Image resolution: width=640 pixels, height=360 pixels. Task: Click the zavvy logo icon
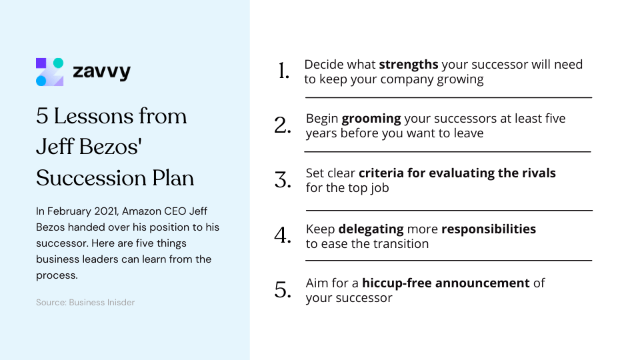[49, 72]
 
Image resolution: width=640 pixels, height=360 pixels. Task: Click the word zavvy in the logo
[101, 72]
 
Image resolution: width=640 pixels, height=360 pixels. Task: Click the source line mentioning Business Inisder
[85, 303]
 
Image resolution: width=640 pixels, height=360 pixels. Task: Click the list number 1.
[284, 71]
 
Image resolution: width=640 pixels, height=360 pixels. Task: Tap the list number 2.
[283, 125]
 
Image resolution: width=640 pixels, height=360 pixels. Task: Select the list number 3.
[283, 180]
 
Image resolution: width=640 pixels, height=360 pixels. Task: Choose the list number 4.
[283, 235]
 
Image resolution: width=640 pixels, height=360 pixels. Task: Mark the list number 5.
[283, 290]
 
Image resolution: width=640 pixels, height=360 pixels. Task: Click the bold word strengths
[409, 65]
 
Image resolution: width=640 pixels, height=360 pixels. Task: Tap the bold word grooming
[371, 119]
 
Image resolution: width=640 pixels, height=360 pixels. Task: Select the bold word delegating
[371, 229]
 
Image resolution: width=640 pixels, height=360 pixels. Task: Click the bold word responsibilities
[489, 229]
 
